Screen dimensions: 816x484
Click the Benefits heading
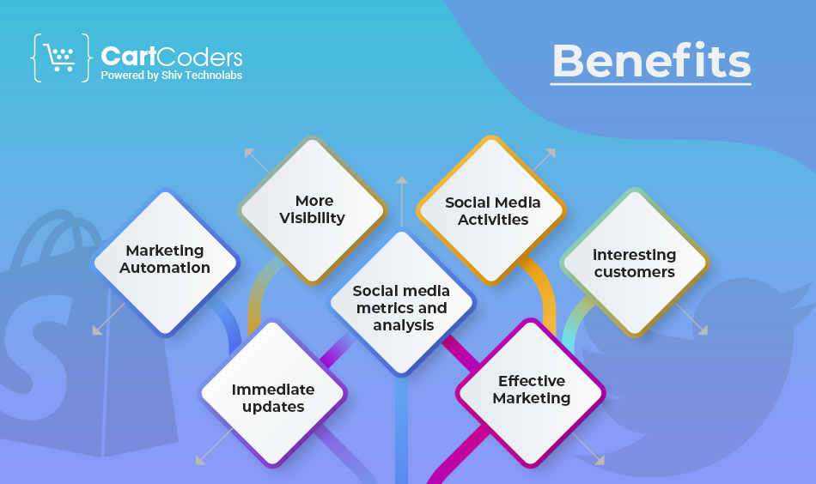point(651,60)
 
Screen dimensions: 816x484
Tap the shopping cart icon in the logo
point(60,57)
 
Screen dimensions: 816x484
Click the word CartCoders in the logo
point(172,56)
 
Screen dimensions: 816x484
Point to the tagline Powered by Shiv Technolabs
point(171,76)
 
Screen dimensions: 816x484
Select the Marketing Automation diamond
point(165,263)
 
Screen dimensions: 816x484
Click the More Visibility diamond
point(313,210)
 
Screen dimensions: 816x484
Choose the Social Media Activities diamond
point(491,210)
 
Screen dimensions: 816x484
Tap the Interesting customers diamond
point(635,263)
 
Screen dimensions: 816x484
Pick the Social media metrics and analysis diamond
point(401,303)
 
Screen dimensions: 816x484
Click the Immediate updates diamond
point(272,393)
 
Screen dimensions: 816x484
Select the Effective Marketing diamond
point(531,393)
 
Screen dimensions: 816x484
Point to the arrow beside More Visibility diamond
point(257,160)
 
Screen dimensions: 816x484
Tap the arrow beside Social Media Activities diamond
point(544,160)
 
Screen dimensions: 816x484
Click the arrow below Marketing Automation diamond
point(108,318)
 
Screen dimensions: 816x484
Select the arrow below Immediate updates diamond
point(214,446)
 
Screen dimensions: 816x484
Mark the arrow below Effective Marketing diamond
point(588,449)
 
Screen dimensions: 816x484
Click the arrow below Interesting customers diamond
point(691,318)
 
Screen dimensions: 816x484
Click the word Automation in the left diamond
point(165,268)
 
